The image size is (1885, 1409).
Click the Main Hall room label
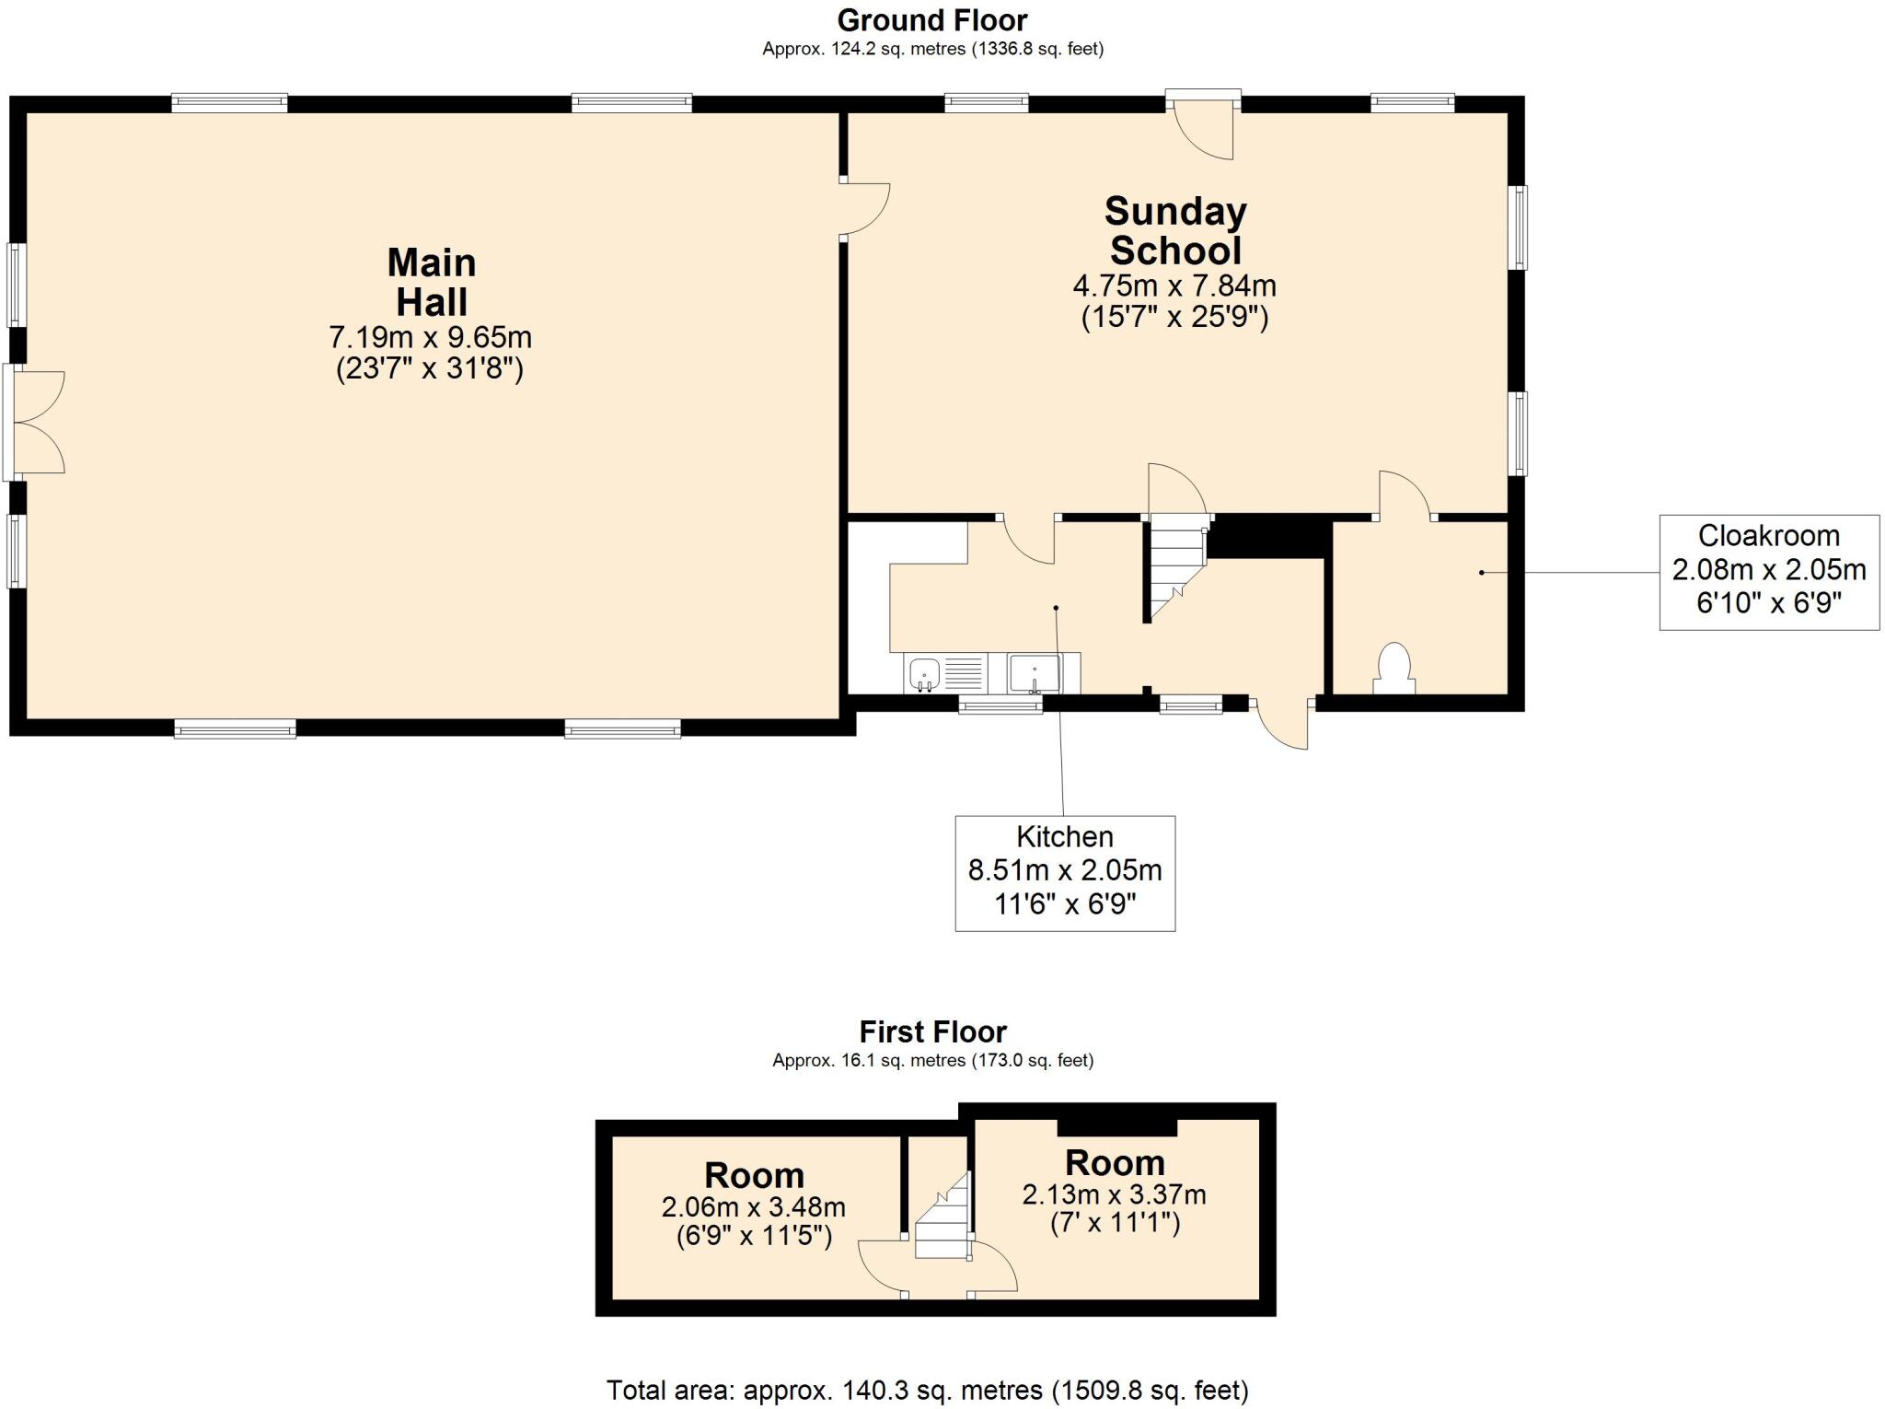click(431, 282)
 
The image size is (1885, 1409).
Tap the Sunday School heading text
click(1174, 230)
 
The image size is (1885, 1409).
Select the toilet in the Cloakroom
click(1394, 668)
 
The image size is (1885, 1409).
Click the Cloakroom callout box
click(1768, 571)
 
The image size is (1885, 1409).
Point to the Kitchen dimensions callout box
click(1064, 872)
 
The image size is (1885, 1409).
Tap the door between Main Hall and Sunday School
click(865, 210)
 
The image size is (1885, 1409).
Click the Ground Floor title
click(931, 19)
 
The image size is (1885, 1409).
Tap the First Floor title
click(932, 1031)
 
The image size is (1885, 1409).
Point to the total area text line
click(927, 1389)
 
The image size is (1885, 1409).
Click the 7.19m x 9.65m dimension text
click(430, 337)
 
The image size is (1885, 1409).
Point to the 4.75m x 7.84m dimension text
click(1174, 285)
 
